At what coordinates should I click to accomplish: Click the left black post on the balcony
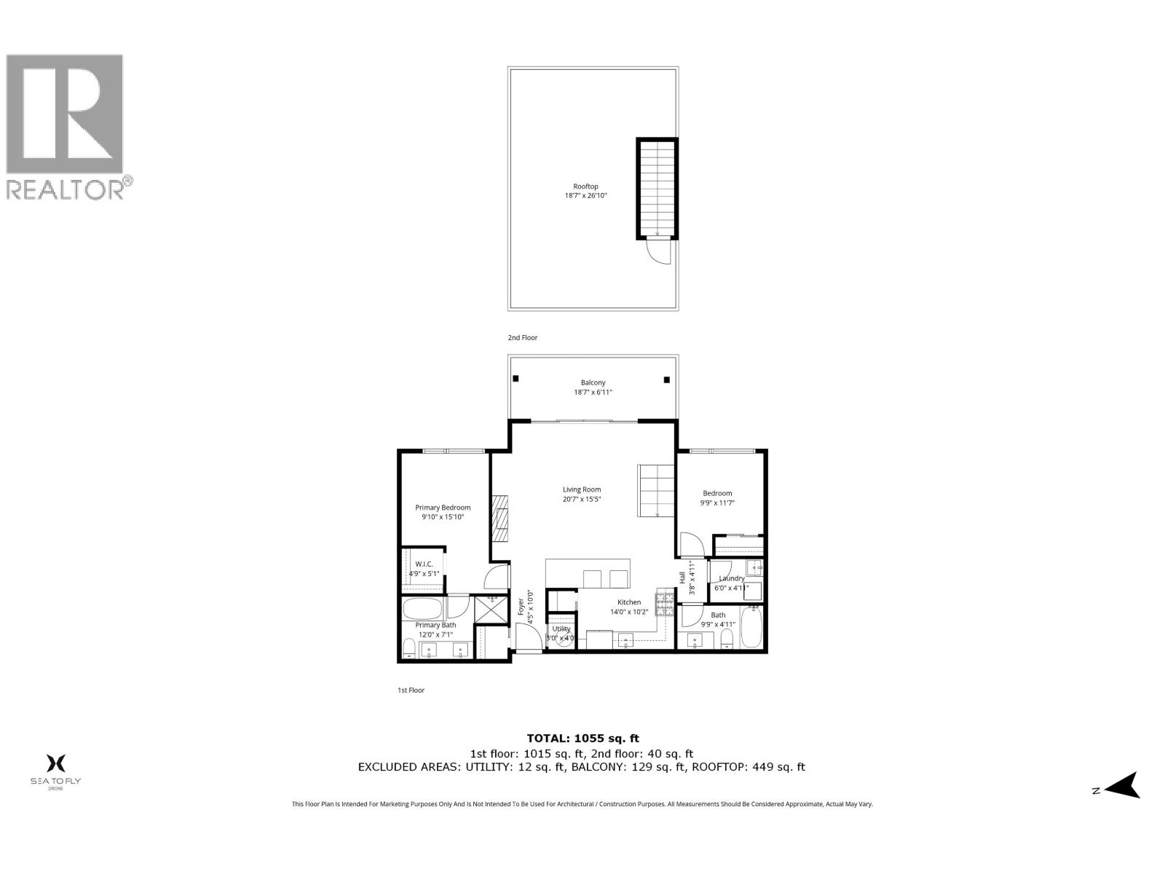click(516, 379)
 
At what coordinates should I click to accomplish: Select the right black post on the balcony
click(666, 379)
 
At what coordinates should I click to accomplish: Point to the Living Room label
click(582, 494)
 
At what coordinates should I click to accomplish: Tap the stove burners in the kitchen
click(666, 602)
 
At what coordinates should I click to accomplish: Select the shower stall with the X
click(491, 610)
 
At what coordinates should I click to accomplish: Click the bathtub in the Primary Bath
click(422, 608)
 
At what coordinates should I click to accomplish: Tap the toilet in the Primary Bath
click(409, 648)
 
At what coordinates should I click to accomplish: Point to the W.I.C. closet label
click(424, 568)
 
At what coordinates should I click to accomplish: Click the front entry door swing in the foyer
click(527, 639)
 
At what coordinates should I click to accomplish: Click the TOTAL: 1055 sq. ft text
click(582, 738)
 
